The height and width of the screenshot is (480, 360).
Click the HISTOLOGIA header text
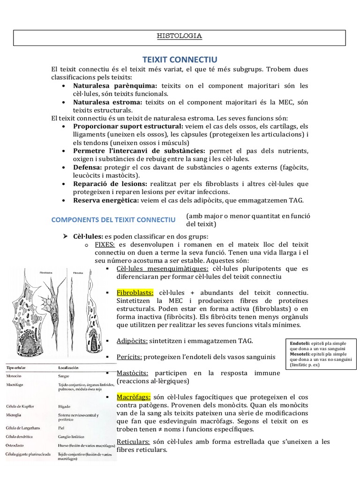point(180,36)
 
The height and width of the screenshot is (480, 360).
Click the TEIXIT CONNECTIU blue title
point(180,60)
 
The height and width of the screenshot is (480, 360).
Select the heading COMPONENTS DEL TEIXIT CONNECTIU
point(113,220)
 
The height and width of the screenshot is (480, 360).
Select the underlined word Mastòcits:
point(133,373)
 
